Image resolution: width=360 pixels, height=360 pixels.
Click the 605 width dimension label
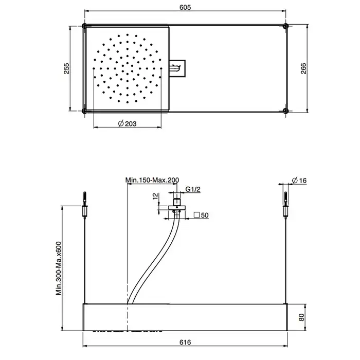click(x=185, y=7)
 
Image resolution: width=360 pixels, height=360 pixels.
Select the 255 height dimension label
click(x=66, y=68)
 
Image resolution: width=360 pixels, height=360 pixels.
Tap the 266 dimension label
click(x=303, y=68)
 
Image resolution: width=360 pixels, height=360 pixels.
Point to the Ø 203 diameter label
click(x=127, y=124)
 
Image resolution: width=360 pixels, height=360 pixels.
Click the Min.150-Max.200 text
click(x=152, y=180)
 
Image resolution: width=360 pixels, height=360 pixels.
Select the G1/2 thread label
click(x=193, y=189)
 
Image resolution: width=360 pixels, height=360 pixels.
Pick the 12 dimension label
click(x=156, y=196)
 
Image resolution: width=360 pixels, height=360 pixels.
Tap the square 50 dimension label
click(x=201, y=215)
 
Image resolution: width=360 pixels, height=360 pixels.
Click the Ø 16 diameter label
click(x=299, y=181)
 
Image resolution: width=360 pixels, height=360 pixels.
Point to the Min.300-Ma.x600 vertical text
click(x=59, y=268)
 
